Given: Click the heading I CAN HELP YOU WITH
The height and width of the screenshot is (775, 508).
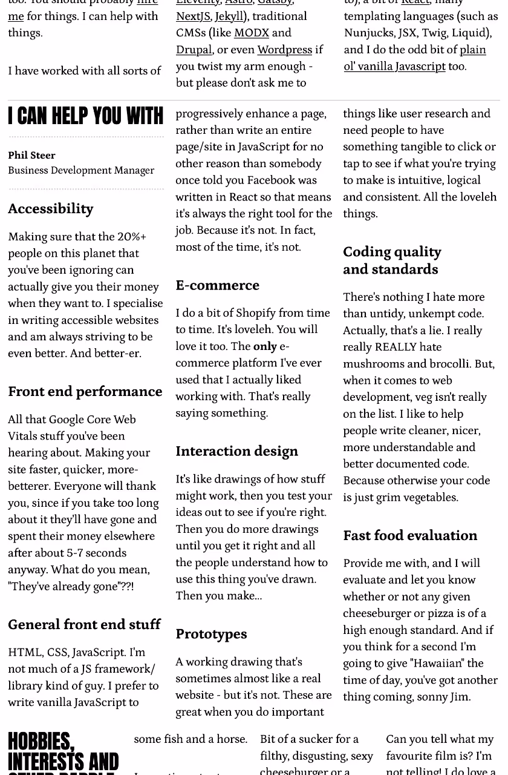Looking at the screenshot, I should point(85,116).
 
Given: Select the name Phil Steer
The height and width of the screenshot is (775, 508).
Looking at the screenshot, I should point(31,156).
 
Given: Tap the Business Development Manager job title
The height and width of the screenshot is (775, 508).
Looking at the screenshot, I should point(81,171).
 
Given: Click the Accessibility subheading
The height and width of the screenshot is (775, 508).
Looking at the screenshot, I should point(51,209).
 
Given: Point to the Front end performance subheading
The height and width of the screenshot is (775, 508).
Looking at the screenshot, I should point(85,392).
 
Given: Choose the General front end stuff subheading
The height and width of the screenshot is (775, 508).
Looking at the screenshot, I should point(84,625).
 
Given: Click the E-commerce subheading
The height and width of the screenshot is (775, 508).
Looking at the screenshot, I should point(217,285).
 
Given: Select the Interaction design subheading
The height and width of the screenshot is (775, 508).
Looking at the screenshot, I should point(236,451).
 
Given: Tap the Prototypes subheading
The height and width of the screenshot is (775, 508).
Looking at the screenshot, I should point(211,634).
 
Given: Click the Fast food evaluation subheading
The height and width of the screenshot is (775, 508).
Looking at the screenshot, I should point(410,536).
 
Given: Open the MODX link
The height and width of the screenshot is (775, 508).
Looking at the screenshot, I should point(251,33).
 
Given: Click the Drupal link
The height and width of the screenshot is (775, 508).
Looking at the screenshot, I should point(194,50).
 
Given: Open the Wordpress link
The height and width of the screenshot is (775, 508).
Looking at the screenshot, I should point(284,50).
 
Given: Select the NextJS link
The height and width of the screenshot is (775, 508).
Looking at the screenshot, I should point(193,17).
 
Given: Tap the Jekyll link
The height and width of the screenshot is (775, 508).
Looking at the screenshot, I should point(229,17).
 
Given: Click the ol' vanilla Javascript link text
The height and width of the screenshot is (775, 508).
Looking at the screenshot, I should point(394,67).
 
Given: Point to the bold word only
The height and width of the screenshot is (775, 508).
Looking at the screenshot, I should point(265,347).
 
